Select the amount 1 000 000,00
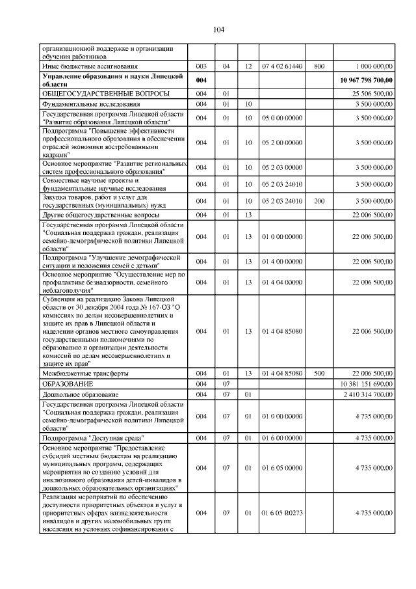click(374, 66)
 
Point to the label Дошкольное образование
click(80, 394)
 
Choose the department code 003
click(201, 66)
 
